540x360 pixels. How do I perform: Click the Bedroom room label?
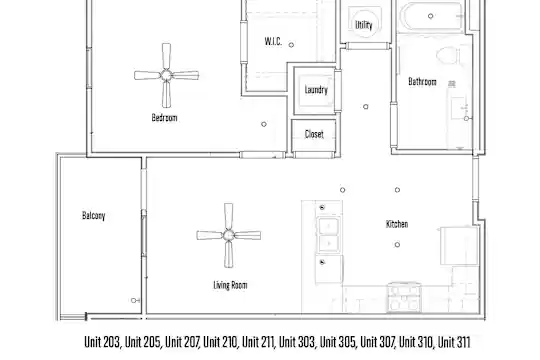coord(164,118)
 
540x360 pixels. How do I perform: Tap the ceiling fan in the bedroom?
coord(166,75)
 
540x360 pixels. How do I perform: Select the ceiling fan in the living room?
coord(228,235)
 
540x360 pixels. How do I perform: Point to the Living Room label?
coord(230,285)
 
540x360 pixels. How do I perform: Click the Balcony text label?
coord(93,216)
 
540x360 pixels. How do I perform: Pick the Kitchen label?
coord(397,224)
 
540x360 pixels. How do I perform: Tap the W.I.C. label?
coord(273,41)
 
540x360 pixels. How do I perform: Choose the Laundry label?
coord(316,90)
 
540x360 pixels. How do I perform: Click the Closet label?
coord(314,134)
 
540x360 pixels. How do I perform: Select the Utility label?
coord(364,25)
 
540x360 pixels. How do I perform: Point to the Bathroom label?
coord(422,82)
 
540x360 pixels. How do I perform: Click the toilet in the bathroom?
coord(448,56)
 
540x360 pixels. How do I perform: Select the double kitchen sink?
coord(329,234)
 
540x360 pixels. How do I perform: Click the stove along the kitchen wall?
coord(404,297)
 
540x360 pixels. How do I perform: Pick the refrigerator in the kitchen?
coord(459,246)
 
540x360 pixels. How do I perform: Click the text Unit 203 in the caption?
coord(102,342)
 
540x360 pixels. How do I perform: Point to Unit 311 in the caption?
coord(454,342)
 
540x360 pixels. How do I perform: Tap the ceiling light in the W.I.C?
coord(291,45)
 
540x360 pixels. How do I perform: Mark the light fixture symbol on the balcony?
coord(135,300)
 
